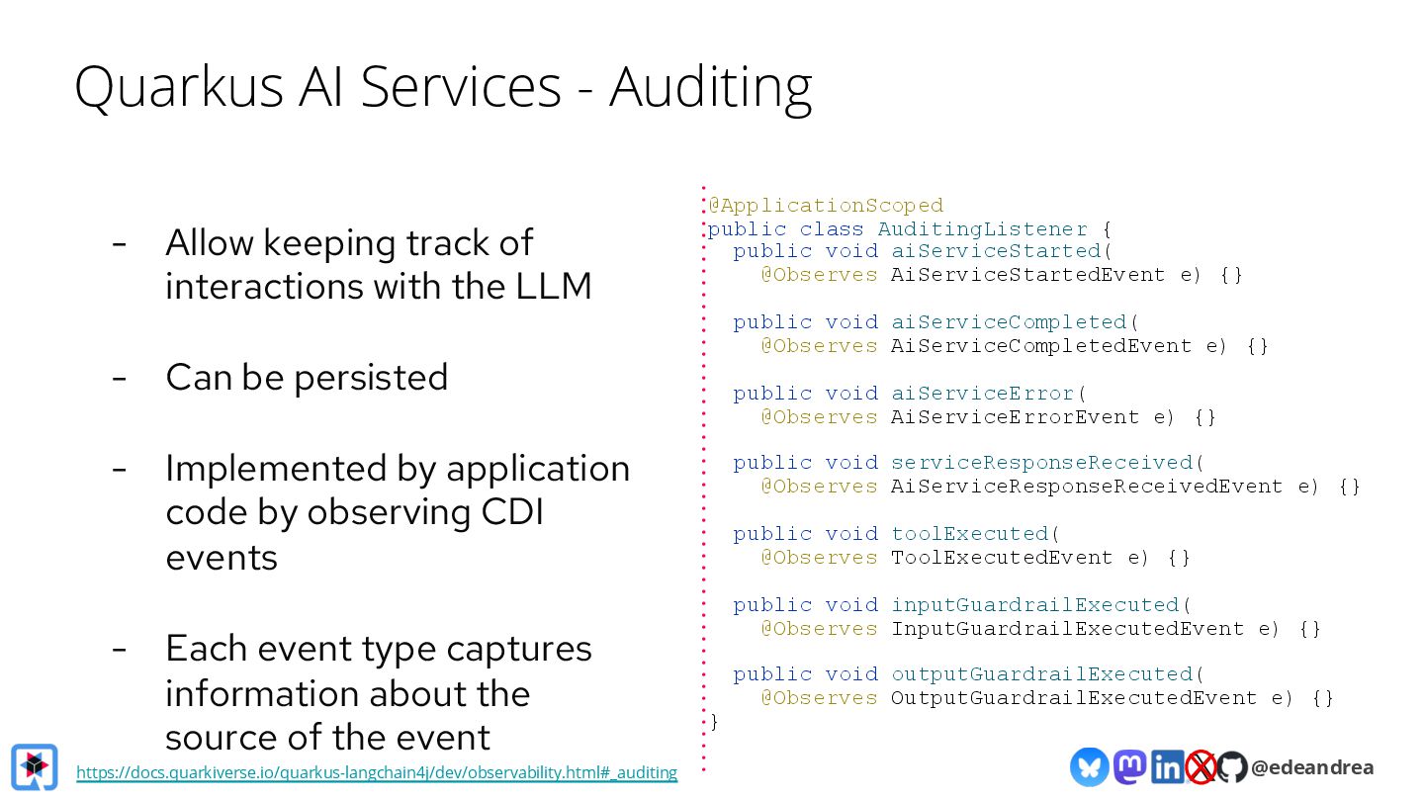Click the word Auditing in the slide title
[x=710, y=87]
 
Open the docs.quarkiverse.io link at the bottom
[x=377, y=772]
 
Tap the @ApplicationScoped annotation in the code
[x=826, y=206]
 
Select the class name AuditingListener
[x=983, y=229]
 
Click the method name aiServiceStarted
[x=996, y=251]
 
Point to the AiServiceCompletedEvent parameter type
[x=1041, y=346]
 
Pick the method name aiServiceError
[x=983, y=394]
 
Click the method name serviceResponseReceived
[x=1042, y=463]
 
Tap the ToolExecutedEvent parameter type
[x=1002, y=558]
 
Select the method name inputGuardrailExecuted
[x=1035, y=605]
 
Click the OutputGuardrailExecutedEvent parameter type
[x=1074, y=698]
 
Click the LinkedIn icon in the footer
[x=1167, y=767]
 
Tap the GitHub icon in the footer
[x=1231, y=767]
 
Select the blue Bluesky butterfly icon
[x=1089, y=767]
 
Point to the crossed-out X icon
[x=1201, y=767]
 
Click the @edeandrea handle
[x=1312, y=767]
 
